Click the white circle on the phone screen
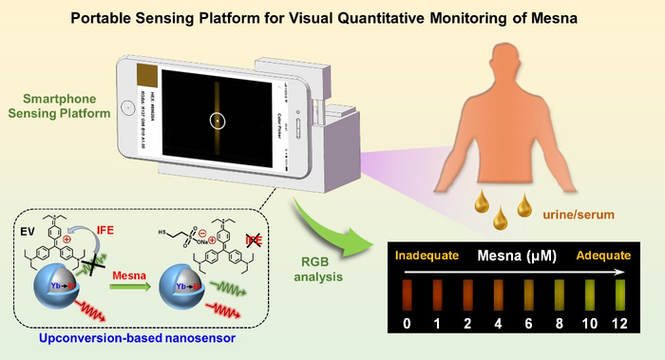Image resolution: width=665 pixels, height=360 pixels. click(218, 121)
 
